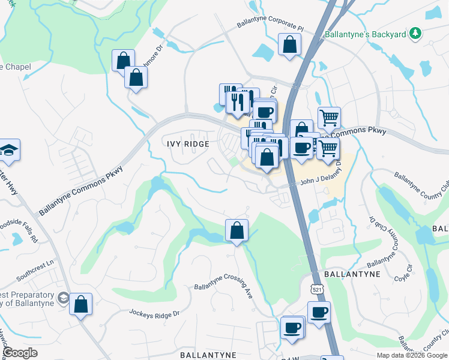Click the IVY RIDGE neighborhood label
[188, 144]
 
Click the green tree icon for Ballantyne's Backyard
[414, 34]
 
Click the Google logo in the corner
[20, 353]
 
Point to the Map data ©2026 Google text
[412, 355]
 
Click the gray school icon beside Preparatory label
[62, 298]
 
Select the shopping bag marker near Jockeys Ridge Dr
[81, 304]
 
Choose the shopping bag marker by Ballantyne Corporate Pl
[289, 44]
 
